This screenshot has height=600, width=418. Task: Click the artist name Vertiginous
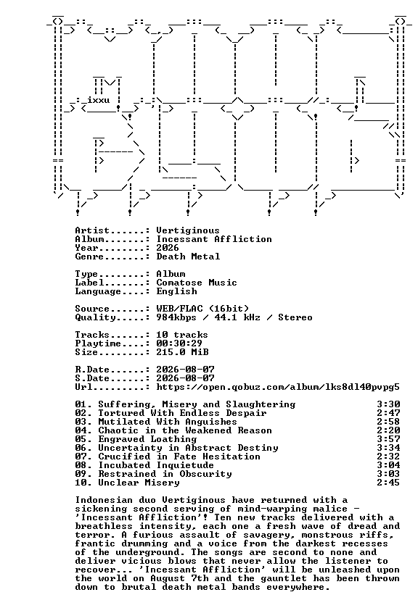188,230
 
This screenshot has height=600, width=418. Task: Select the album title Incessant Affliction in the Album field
214,239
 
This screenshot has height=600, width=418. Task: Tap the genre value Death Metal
188,257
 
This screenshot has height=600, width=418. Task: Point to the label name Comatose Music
197,283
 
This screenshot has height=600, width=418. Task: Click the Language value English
176,291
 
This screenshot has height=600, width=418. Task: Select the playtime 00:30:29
179,343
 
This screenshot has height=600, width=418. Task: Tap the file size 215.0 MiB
182,352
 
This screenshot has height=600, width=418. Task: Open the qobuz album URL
278,387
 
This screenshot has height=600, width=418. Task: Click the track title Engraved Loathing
147,439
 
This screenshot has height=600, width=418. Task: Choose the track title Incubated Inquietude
156,465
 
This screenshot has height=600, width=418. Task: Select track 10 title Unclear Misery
139,483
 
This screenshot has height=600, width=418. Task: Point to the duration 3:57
388,439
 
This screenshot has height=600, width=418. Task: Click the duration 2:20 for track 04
388,430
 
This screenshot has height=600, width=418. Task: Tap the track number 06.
81,448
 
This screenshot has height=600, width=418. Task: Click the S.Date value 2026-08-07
185,378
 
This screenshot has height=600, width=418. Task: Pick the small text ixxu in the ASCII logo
99,101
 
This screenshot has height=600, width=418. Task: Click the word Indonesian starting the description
104,500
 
